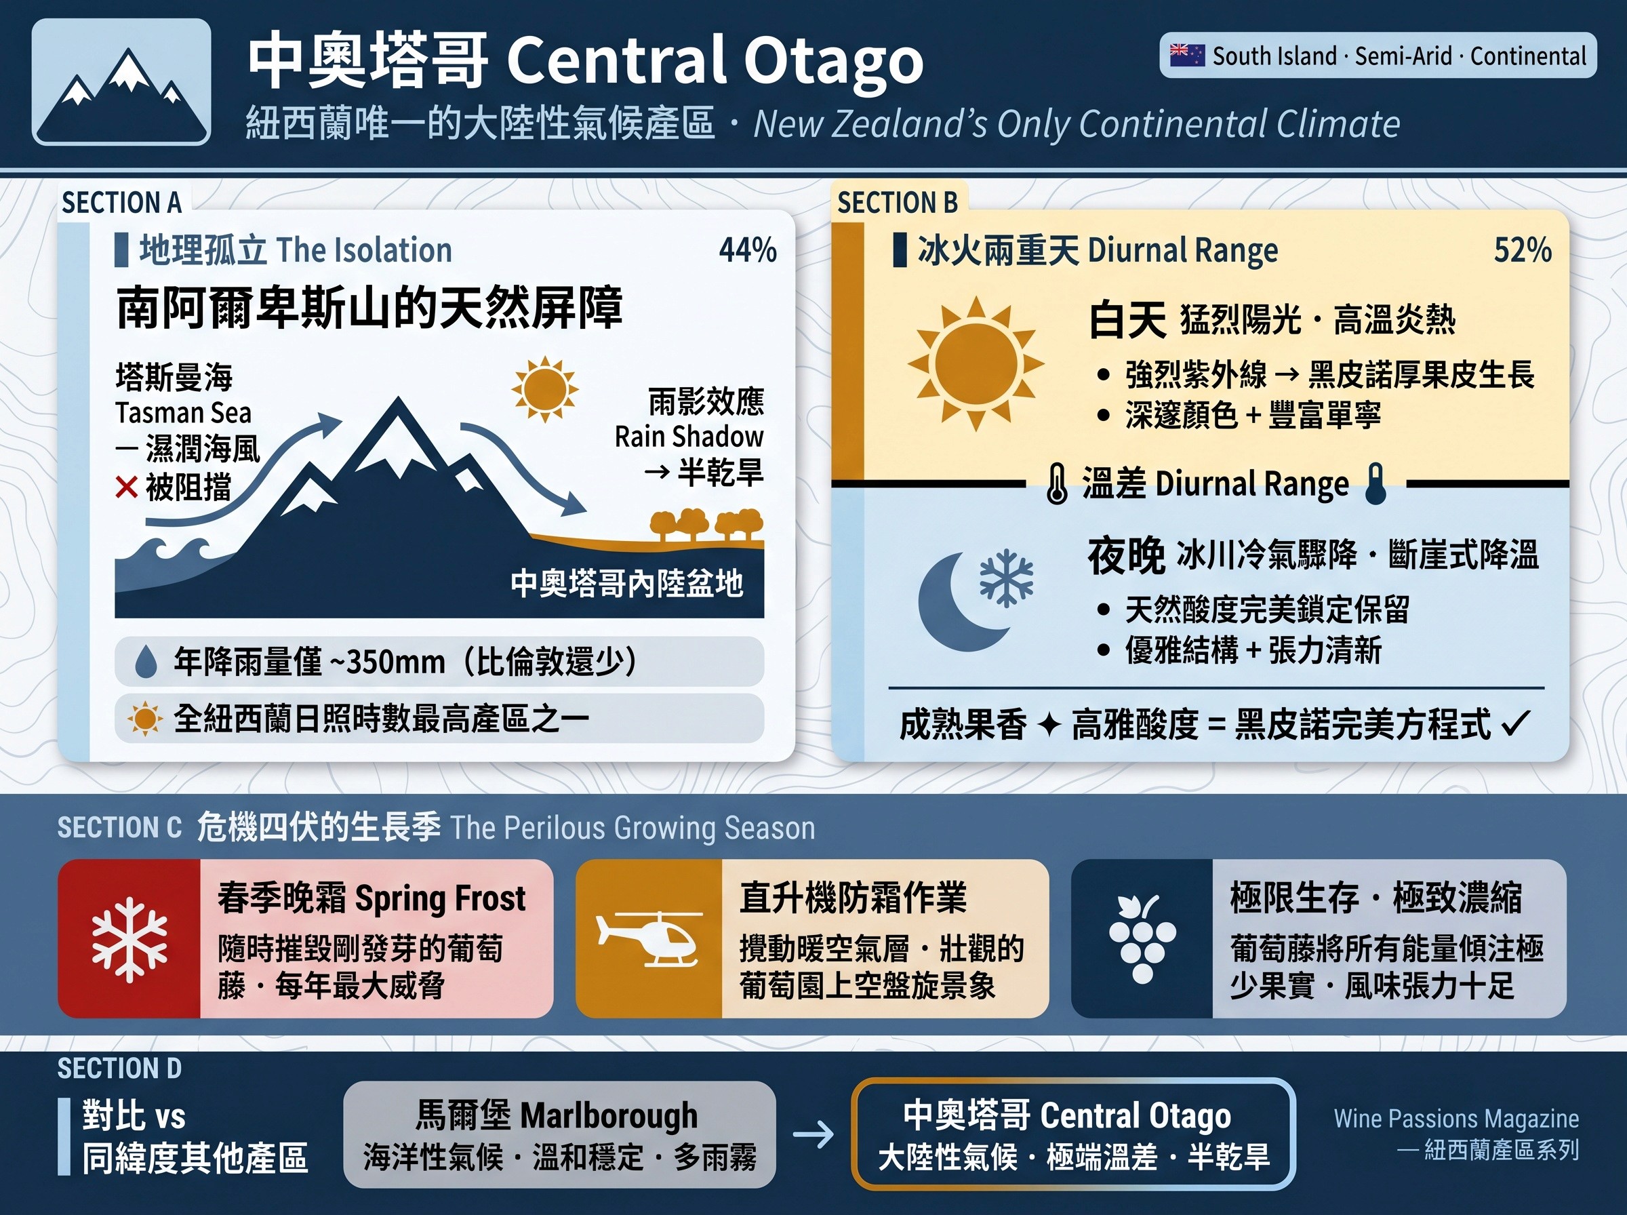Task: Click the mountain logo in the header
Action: [x=121, y=81]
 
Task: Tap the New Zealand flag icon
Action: [x=1187, y=55]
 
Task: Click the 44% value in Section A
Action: [x=748, y=250]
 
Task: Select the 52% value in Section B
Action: [x=1523, y=250]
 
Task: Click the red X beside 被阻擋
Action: [x=127, y=487]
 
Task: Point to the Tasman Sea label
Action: [x=183, y=413]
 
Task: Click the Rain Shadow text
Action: [x=689, y=436]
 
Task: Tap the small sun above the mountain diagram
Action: [x=544, y=389]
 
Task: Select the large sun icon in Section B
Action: [x=976, y=363]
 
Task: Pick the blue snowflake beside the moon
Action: [x=1007, y=578]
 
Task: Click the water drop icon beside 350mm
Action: [x=146, y=661]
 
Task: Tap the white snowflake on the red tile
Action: [x=129, y=939]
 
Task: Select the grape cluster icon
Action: [x=1142, y=939]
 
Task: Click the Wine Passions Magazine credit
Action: [x=1456, y=1119]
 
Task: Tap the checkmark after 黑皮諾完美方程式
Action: [x=1515, y=723]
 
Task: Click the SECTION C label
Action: [x=119, y=827]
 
